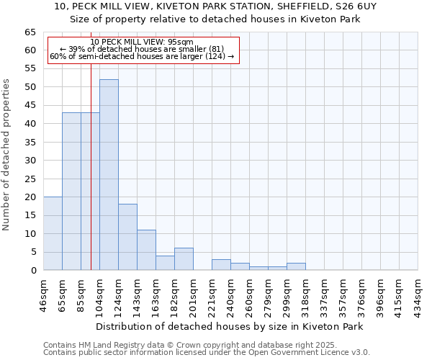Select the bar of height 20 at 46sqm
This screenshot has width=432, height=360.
[x=53, y=233]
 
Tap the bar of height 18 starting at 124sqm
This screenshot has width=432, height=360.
[x=127, y=237]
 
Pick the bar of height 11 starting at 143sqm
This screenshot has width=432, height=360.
[x=146, y=250]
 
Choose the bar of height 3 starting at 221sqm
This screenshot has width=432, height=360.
[x=221, y=264]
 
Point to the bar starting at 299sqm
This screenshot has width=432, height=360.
[x=296, y=266]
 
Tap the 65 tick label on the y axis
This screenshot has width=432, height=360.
[x=30, y=32]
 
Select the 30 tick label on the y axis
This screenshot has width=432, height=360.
[x=30, y=161]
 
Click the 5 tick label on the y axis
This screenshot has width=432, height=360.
[x=33, y=252]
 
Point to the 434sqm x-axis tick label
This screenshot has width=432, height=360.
[x=418, y=294]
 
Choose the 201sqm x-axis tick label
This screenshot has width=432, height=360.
[x=193, y=294]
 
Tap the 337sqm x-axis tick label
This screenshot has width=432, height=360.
[x=324, y=294]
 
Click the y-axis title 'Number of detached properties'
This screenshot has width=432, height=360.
[x=7, y=155]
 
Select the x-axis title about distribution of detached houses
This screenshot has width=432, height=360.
[x=229, y=326]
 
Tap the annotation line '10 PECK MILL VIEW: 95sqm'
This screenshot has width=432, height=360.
[x=142, y=42]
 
